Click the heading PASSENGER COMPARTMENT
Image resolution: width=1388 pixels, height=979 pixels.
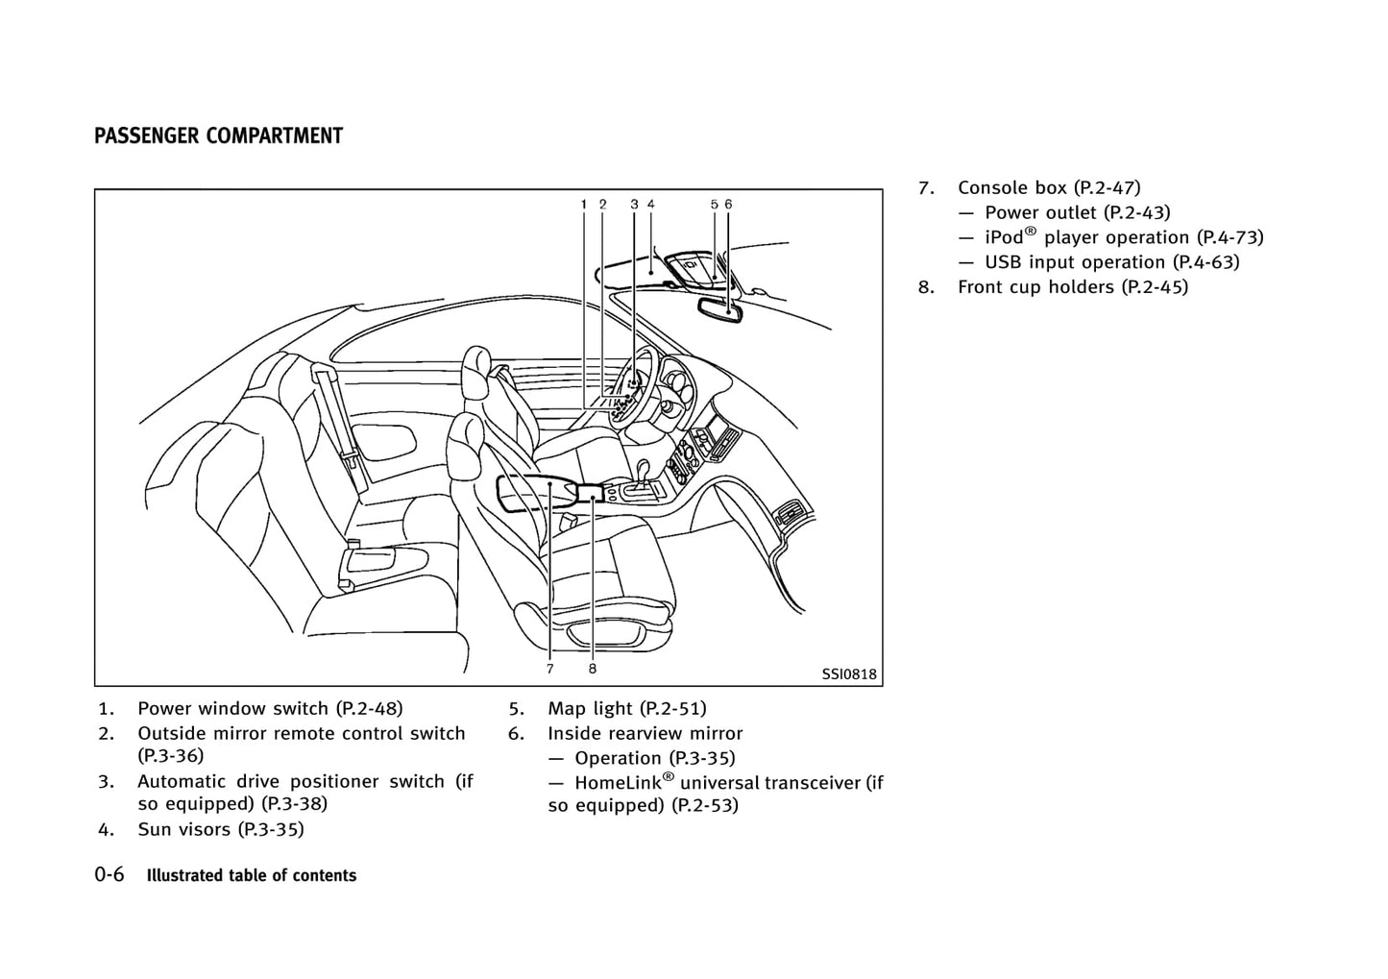(x=218, y=136)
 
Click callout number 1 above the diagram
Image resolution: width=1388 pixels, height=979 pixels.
(x=584, y=204)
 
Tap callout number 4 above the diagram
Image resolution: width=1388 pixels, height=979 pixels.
(x=651, y=204)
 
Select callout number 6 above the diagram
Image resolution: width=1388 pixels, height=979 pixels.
(x=729, y=204)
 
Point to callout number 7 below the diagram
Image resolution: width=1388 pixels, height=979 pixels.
(x=550, y=669)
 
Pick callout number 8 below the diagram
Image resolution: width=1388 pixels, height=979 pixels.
(x=593, y=669)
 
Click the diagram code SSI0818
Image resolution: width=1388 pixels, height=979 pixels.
(x=849, y=674)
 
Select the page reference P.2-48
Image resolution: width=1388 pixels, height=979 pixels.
(x=370, y=709)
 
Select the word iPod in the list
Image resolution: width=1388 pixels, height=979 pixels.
(x=1005, y=237)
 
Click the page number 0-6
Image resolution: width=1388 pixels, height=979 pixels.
(x=110, y=875)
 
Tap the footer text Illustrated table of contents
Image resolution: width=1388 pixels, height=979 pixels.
(x=251, y=876)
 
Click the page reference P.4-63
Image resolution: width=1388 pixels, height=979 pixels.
(x=1205, y=262)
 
